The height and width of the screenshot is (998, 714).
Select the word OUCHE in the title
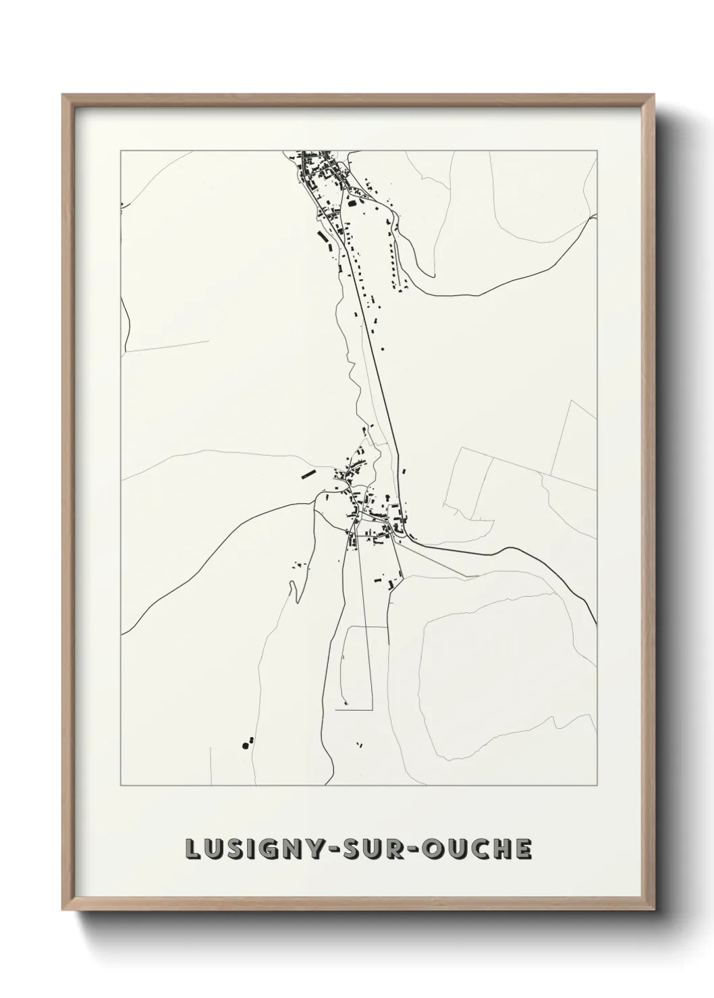click(476, 850)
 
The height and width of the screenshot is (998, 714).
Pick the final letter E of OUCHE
click(523, 850)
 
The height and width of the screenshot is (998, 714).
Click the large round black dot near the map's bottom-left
click(244, 744)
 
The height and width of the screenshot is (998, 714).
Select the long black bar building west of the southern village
click(308, 474)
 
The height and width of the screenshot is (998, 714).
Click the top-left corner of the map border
click(121, 150)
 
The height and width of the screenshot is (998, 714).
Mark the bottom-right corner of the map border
click(597, 786)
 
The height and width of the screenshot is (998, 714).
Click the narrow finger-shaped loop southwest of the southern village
click(292, 591)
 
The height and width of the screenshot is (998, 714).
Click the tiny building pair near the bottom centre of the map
click(358, 744)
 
